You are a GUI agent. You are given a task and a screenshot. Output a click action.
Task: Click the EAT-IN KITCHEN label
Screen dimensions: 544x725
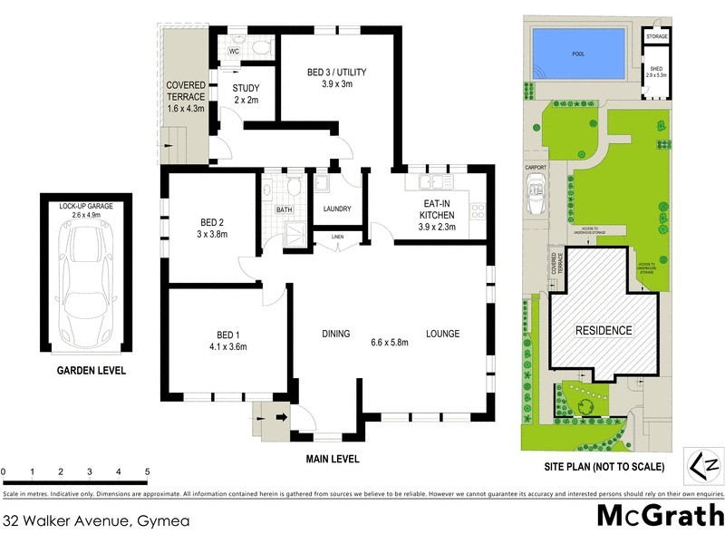435,208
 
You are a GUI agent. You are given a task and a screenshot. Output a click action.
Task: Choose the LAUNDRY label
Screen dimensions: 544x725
336,209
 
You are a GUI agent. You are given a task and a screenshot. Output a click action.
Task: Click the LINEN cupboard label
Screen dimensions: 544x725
338,238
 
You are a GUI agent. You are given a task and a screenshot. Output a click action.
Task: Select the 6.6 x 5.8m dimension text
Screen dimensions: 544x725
389,342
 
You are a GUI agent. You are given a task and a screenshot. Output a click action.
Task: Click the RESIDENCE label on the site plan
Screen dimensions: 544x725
604,330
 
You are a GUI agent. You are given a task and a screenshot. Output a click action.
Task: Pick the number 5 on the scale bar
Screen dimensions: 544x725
147,472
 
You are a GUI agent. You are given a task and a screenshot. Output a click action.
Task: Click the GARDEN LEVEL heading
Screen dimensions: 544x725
92,371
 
